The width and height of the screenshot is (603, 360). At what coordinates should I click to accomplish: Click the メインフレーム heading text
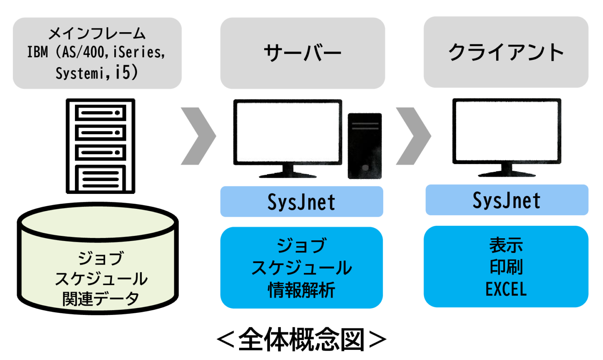pos(97,34)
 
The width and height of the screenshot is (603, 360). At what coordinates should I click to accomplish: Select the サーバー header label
pos(302,53)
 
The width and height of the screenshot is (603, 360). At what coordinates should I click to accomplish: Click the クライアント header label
pos(506,52)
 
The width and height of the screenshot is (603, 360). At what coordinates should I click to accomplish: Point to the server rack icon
pos(100,146)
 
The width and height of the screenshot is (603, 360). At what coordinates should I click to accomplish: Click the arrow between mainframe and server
pos(199,136)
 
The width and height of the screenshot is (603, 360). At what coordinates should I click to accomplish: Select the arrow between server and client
pos(414,136)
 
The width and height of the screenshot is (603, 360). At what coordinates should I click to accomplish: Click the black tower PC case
pos(365,146)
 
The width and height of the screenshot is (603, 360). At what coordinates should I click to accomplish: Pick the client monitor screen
pos(506,130)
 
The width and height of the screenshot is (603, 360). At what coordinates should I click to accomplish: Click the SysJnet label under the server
pos(301,202)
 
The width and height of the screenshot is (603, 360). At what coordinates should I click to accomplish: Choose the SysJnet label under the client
pos(506,200)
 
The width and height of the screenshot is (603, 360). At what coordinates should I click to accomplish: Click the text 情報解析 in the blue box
pos(301,291)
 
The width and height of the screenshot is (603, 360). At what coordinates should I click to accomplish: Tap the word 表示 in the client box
pos(506,245)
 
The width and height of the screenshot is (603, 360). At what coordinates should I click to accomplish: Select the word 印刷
pos(506,267)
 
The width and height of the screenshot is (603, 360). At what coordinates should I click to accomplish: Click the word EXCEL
pos(506,290)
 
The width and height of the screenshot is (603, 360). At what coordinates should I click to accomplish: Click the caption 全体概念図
pos(301,340)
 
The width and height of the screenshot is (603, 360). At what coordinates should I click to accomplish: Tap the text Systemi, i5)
pos(97,73)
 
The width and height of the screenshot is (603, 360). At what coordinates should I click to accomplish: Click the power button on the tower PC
pos(365,168)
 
